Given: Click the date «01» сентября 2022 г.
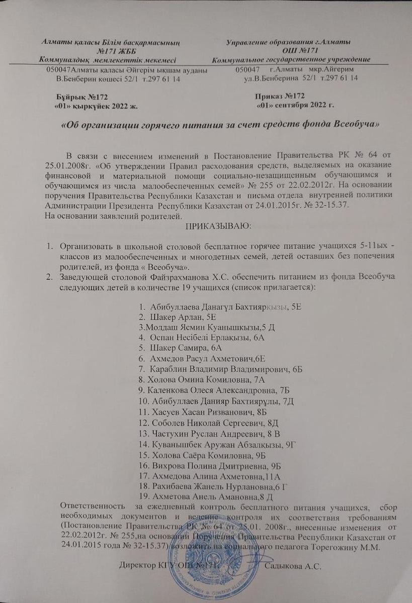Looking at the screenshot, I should pos(295,106).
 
